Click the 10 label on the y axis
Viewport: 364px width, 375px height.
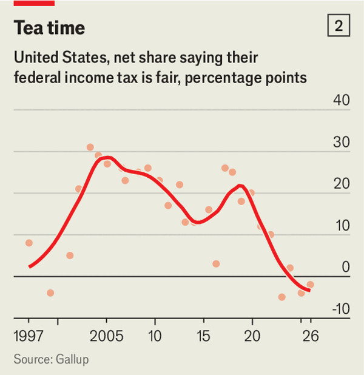[342, 225]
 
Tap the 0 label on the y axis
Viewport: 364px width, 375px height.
[346, 267]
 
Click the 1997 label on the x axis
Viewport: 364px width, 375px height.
[29, 336]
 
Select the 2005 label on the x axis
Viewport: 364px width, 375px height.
[106, 336]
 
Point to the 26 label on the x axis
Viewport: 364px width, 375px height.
[311, 336]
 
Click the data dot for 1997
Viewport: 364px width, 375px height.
[29, 243]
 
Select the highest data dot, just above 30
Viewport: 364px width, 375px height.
[90, 147]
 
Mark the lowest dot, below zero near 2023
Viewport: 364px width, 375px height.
[281, 297]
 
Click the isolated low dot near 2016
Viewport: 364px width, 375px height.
[216, 263]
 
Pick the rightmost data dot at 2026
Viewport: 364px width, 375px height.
[310, 284]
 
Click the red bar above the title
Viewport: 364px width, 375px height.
[33, 2]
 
